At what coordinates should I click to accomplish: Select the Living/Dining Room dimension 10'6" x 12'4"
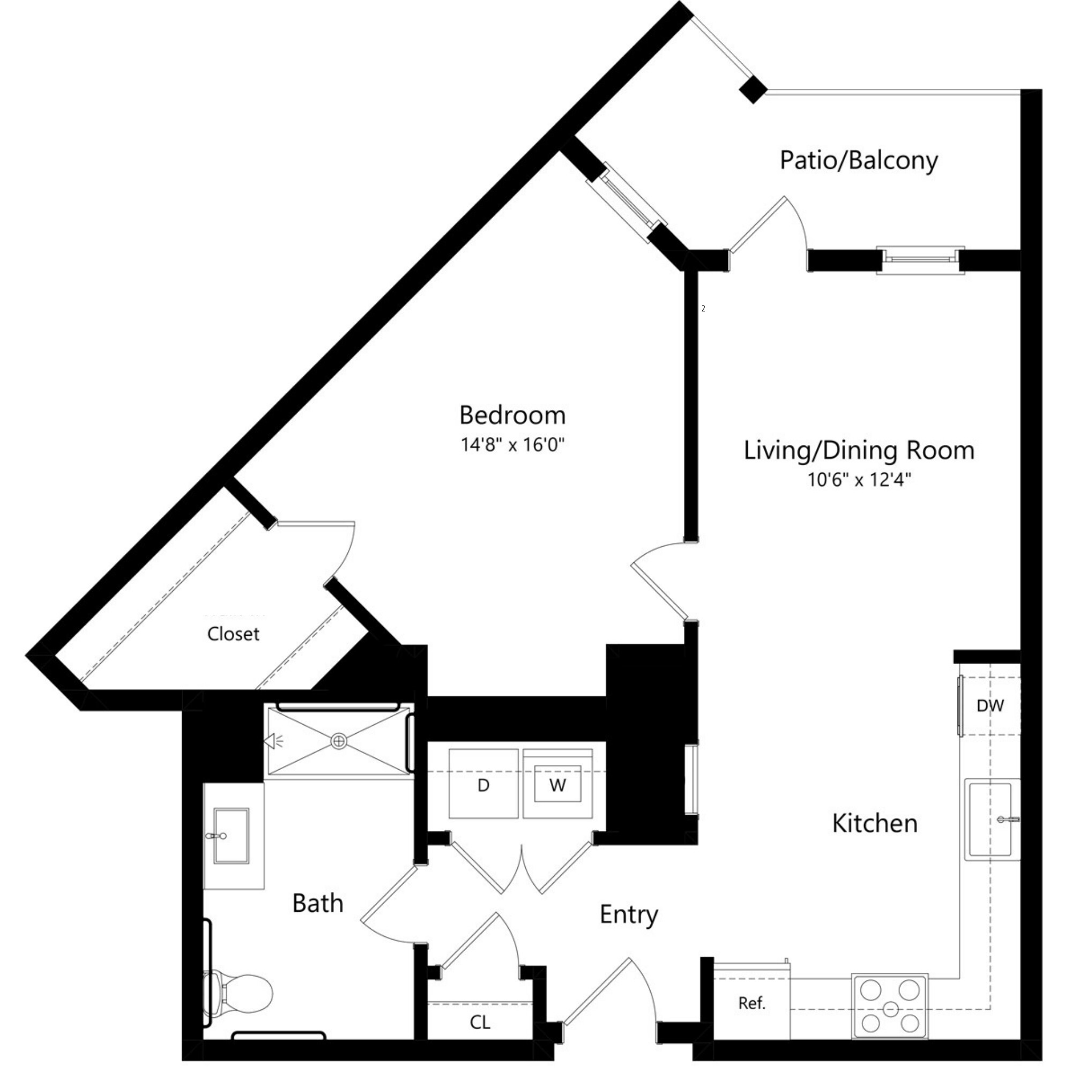(859, 479)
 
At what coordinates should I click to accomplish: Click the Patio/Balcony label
(858, 160)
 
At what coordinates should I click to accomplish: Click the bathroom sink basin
(232, 836)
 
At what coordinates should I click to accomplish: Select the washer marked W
(557, 785)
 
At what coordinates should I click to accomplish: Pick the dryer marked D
(483, 785)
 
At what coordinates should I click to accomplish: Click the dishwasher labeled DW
(991, 706)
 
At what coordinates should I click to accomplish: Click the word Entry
(629, 914)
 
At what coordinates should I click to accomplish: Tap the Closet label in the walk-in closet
(233, 634)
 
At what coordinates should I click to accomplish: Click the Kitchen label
(875, 823)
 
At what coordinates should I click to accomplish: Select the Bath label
(318, 903)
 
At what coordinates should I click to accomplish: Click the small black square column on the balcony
(753, 90)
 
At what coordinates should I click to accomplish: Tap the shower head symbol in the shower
(271, 741)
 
